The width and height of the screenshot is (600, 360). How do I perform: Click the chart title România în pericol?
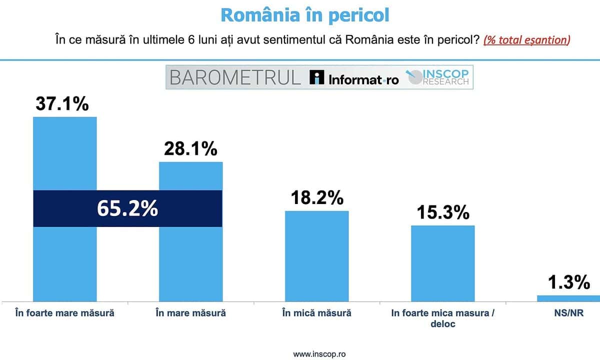(x=304, y=14)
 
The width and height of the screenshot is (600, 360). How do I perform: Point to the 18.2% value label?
(x=317, y=197)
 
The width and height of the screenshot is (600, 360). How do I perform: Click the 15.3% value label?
(x=443, y=212)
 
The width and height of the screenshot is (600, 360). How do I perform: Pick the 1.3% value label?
(x=568, y=283)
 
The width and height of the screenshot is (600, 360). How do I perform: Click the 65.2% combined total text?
(x=127, y=208)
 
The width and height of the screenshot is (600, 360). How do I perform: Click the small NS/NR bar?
(x=568, y=298)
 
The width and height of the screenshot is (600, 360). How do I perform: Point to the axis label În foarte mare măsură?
(x=64, y=313)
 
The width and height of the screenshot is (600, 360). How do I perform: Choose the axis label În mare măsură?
(x=190, y=313)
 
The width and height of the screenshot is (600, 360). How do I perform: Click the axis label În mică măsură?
(x=316, y=313)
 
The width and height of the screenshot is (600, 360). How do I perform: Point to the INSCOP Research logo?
(x=437, y=77)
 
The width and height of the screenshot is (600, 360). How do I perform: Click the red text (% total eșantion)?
(x=526, y=40)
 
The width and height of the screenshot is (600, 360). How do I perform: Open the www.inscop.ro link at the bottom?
(x=319, y=353)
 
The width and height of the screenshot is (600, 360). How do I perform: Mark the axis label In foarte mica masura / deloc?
(x=443, y=318)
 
